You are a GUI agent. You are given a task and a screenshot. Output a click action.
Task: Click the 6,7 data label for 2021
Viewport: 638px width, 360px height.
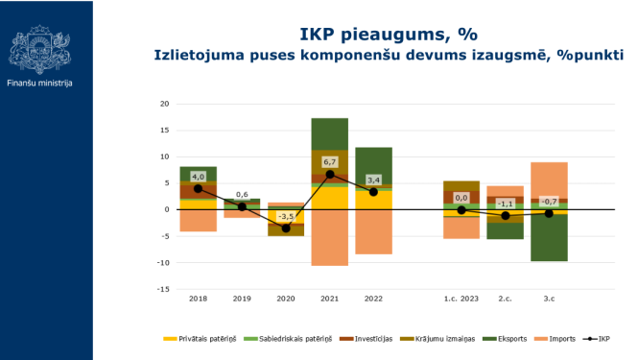(328, 162)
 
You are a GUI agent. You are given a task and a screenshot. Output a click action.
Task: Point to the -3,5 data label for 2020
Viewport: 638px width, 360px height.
(286, 217)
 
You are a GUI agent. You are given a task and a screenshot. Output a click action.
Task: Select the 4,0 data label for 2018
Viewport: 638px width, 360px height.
(199, 177)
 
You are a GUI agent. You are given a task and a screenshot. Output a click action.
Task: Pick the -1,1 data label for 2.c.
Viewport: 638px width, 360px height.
(506, 204)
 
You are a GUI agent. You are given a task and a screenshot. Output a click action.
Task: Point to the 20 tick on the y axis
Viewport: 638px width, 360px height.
(164, 104)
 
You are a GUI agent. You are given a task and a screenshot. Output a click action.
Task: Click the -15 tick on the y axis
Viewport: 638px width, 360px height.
(163, 289)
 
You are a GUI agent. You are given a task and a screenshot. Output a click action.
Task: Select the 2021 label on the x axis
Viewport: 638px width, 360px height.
(329, 300)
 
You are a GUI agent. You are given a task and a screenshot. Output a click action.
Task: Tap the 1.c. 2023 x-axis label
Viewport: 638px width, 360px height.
(461, 300)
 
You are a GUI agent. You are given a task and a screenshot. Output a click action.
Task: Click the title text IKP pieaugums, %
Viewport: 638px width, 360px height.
(388, 34)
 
